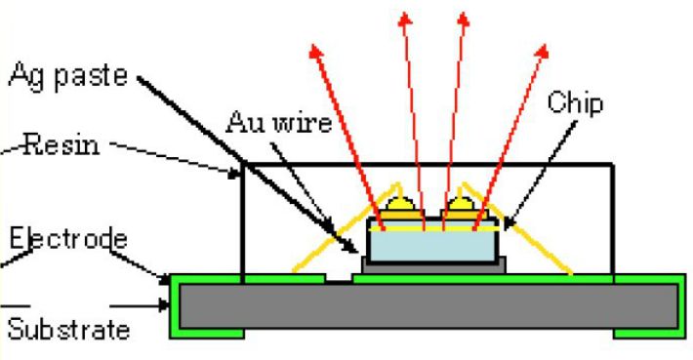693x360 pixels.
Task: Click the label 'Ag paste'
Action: point(68,76)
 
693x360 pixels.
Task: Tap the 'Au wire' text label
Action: point(279,122)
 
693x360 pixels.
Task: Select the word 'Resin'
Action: point(61,144)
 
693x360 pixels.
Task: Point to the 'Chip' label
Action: point(575,102)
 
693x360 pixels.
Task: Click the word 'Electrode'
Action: point(68,239)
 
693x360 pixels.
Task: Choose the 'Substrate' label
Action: point(69,329)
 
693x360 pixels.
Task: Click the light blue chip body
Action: point(432,246)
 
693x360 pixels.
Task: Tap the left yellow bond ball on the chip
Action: point(400,204)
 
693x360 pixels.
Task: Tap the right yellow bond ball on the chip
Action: point(461,204)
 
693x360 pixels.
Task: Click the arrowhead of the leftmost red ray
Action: point(315,51)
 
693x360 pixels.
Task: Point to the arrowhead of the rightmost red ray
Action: point(543,51)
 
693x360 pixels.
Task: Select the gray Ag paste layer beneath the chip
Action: point(433,266)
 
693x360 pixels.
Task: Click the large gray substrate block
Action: point(428,306)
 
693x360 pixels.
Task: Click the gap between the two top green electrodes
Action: point(339,279)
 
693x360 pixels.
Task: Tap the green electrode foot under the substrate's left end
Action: point(207,335)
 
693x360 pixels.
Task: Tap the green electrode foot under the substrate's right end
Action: point(649,335)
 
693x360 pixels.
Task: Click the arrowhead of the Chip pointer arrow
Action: point(509,224)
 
